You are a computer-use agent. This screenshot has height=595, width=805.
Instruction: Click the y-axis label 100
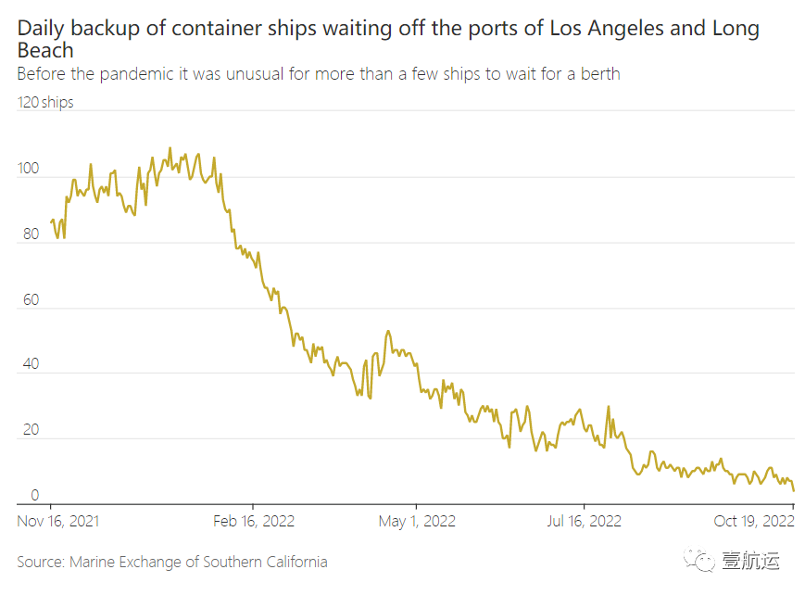click(x=28, y=169)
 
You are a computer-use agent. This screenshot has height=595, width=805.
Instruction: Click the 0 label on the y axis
click(x=36, y=495)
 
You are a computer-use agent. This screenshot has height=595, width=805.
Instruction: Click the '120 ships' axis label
click(x=45, y=102)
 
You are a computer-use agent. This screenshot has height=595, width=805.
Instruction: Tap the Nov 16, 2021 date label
click(x=58, y=521)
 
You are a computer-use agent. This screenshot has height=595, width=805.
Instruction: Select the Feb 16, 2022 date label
click(x=254, y=521)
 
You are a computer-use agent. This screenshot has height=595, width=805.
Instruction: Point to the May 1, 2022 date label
click(x=417, y=521)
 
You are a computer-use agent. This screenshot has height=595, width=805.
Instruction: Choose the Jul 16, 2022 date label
click(x=584, y=521)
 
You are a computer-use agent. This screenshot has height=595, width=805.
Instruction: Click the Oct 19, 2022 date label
click(x=754, y=521)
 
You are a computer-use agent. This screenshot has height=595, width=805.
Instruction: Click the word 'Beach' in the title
click(x=45, y=50)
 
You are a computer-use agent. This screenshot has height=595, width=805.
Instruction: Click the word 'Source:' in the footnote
click(x=41, y=562)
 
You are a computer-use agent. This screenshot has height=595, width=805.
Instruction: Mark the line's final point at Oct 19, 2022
click(x=794, y=491)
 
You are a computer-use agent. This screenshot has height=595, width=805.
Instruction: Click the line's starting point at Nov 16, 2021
click(x=50, y=222)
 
